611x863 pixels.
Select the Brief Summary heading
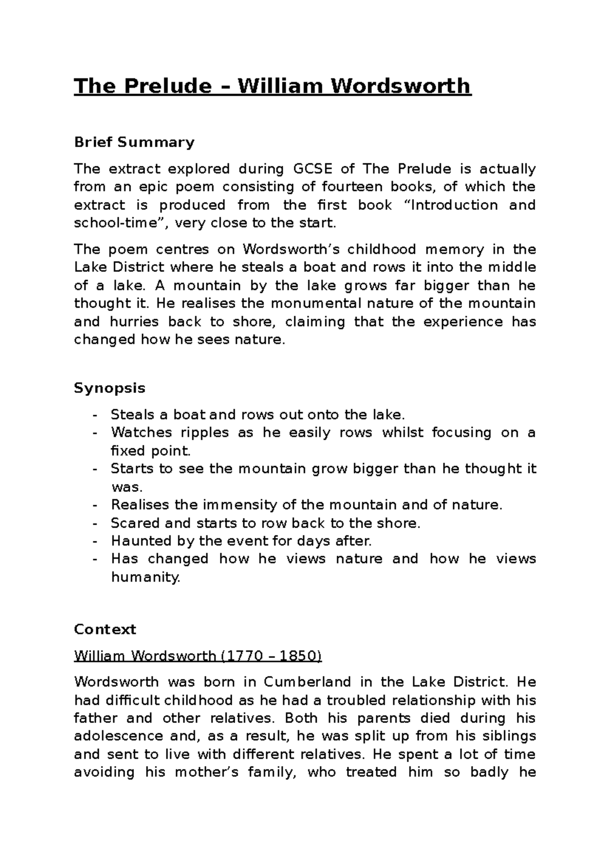(134, 142)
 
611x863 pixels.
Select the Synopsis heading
(109, 388)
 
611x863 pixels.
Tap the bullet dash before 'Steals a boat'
(95, 415)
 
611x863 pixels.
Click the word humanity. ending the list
(146, 578)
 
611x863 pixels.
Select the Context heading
(105, 629)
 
